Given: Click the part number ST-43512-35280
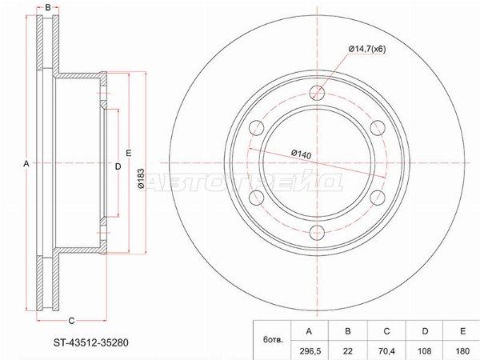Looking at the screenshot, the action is pyautogui.click(x=91, y=343).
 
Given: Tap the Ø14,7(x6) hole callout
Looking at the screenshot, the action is pyautogui.click(x=366, y=49).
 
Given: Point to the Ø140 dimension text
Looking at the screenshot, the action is pyautogui.click(x=301, y=154).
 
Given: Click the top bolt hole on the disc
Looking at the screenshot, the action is pyautogui.click(x=317, y=93).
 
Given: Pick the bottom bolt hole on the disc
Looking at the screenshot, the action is pyautogui.click(x=317, y=233).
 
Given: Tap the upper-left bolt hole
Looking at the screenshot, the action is pyautogui.click(x=257, y=128).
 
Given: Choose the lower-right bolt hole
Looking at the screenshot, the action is pyautogui.click(x=378, y=198).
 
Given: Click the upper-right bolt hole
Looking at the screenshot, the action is pyautogui.click(x=378, y=128).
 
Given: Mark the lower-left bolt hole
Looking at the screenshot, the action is pyautogui.click(x=257, y=198).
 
